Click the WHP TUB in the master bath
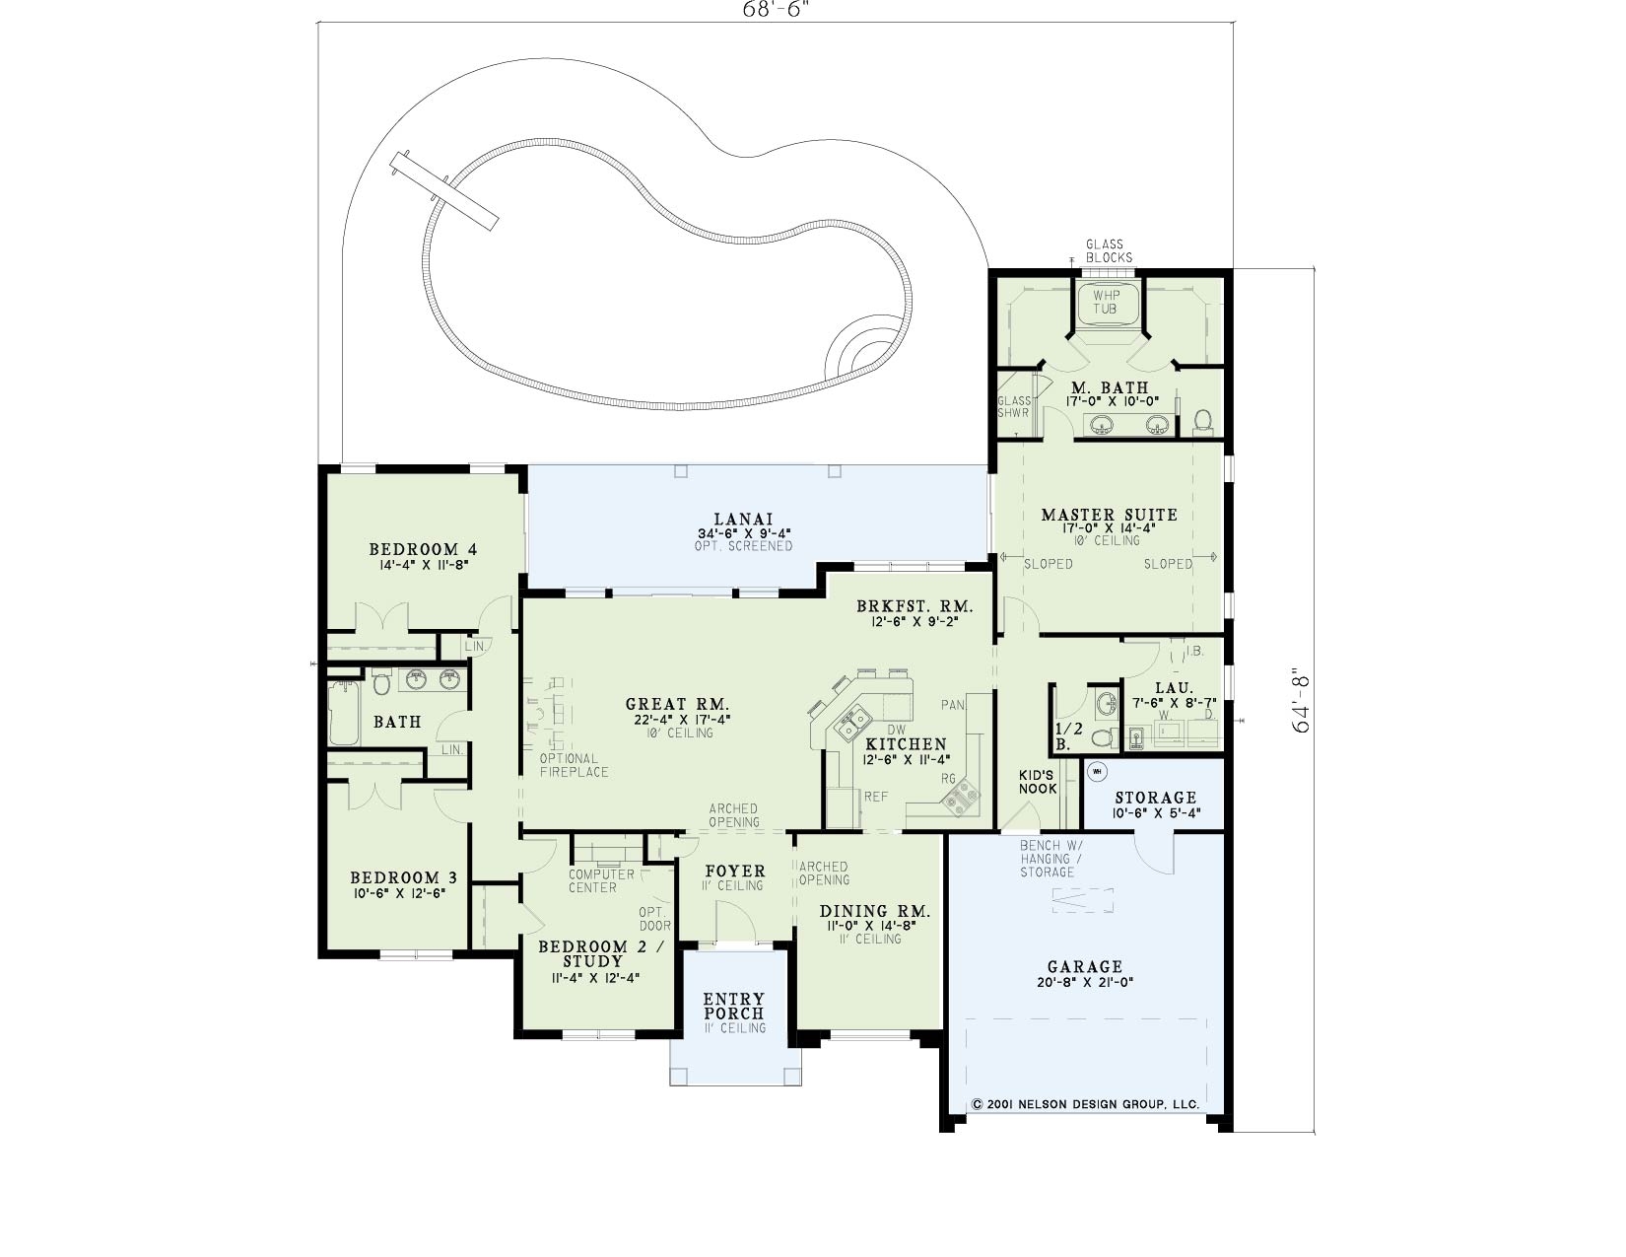point(1107,303)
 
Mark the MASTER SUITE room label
point(1109,515)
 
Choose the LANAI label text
point(743,520)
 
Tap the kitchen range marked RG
point(960,795)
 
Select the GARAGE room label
point(1084,967)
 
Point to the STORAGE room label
point(1155,798)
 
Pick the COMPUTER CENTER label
point(600,880)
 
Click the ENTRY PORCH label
point(733,1007)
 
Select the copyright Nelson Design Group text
point(1084,1104)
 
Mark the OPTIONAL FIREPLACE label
point(574,765)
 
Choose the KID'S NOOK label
point(1037,782)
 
